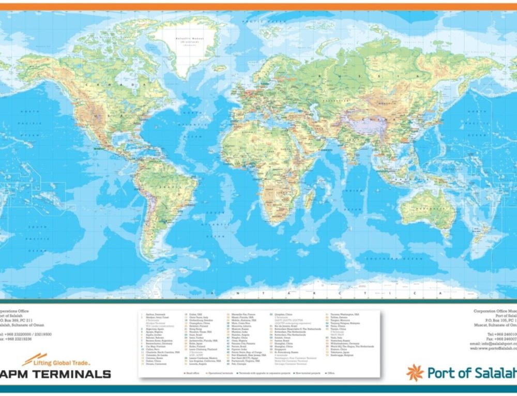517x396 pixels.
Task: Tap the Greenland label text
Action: point(191,39)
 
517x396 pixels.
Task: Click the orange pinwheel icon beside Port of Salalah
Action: point(415,372)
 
